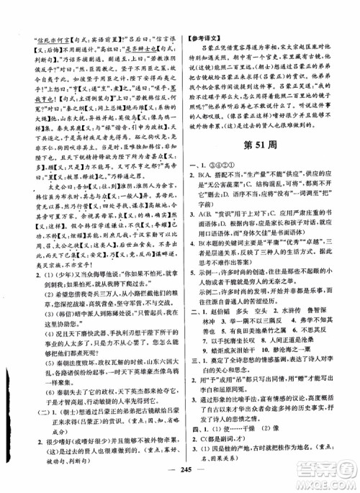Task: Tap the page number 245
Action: [x=181, y=477]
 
